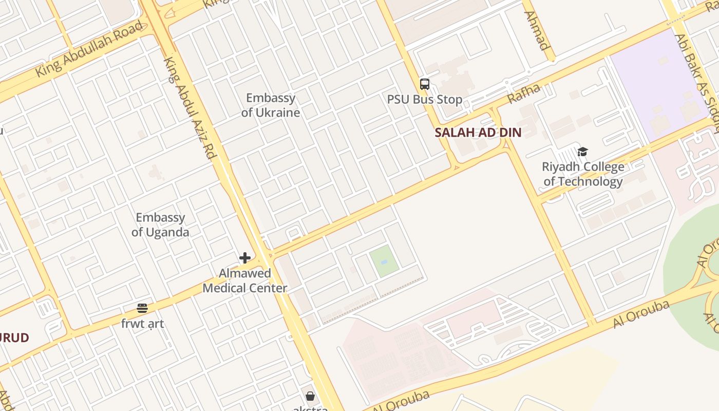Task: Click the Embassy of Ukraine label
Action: click(271, 105)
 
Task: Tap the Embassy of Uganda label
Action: click(160, 225)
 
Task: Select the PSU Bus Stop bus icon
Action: click(425, 84)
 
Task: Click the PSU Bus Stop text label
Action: click(425, 100)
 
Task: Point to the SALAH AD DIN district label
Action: click(478, 133)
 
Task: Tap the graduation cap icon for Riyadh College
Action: click(582, 152)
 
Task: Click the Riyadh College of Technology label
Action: click(583, 174)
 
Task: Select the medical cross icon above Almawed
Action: click(245, 258)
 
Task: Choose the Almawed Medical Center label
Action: click(244, 281)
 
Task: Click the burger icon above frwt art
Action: click(142, 308)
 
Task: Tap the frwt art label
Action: click(142, 324)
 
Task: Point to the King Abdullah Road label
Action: click(88, 50)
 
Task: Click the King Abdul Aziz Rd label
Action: click(190, 107)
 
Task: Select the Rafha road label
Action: click(524, 94)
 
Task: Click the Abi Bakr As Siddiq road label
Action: click(697, 77)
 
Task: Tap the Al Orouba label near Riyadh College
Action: click(641, 314)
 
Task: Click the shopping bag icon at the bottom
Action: click(310, 396)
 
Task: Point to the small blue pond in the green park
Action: click(384, 263)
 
